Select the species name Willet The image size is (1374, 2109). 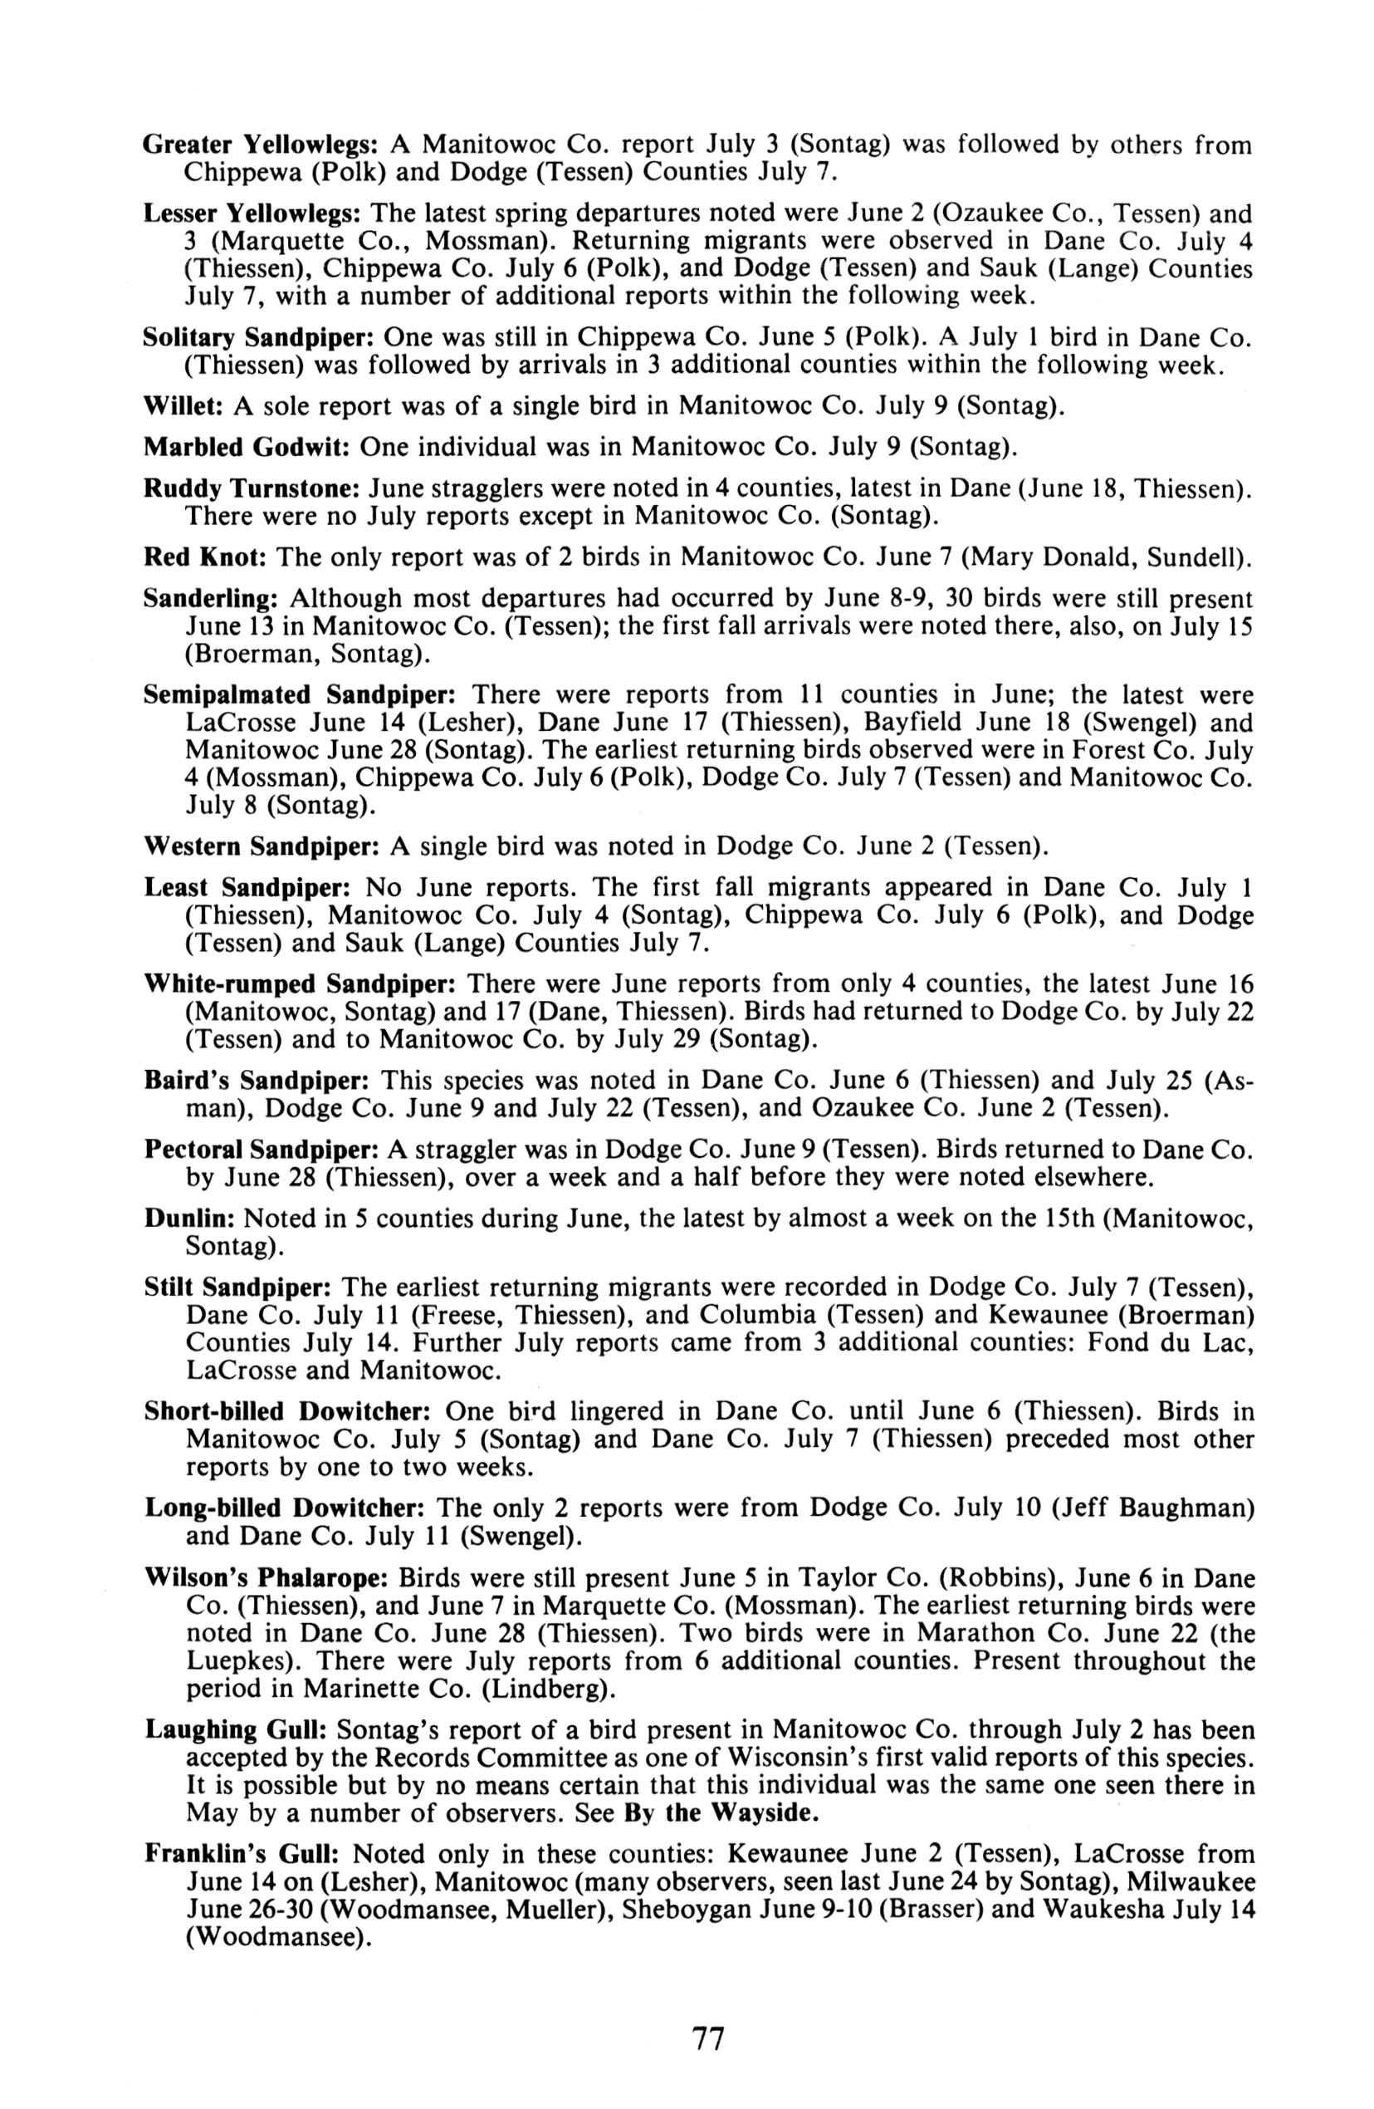183,407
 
